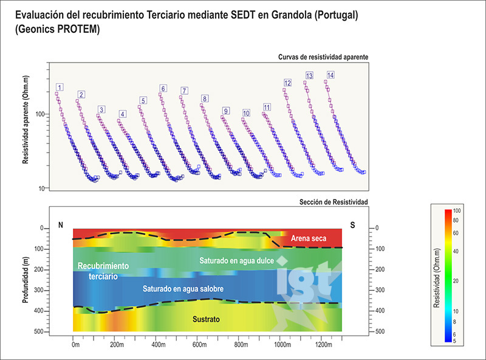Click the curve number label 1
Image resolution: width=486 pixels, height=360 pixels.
tap(59, 88)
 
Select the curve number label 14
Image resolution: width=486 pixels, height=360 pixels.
tap(330, 75)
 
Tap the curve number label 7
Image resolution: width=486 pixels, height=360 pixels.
tap(184, 91)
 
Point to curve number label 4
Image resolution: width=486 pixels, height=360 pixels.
tap(122, 114)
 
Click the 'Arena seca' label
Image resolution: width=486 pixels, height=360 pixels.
tap(309, 238)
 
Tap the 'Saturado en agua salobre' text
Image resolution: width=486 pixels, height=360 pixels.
tap(207, 289)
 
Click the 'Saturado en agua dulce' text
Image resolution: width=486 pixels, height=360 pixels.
tap(238, 260)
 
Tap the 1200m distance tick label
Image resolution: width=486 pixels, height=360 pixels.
tap(324, 345)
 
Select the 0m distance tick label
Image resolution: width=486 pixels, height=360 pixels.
tap(75, 345)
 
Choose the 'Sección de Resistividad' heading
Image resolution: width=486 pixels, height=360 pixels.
tap(334, 201)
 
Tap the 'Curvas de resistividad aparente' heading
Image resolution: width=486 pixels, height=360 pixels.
tap(323, 57)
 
